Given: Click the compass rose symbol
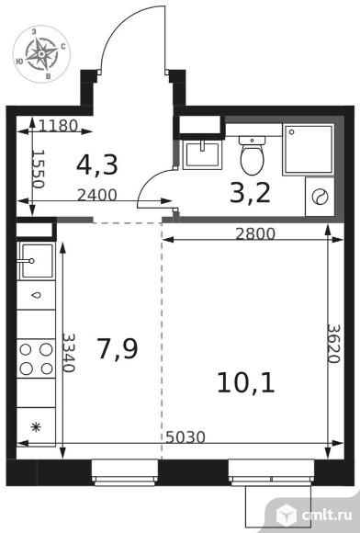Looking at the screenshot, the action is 41,54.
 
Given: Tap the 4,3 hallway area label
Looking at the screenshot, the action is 97,164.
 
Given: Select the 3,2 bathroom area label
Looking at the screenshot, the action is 250,193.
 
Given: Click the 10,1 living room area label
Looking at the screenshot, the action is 246,382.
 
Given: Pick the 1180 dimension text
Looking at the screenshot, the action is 58,126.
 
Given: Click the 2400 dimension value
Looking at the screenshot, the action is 97,195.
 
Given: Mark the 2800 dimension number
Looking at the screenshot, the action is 255,233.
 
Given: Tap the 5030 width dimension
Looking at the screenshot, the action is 186,437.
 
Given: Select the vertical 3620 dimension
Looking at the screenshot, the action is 333,344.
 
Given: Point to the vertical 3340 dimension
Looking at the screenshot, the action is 68,353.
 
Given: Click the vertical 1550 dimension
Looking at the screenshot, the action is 38,170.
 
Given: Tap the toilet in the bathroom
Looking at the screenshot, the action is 252,155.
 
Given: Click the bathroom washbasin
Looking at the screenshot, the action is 202,154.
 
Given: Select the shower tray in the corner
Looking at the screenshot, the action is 308,150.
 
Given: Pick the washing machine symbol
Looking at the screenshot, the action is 320,197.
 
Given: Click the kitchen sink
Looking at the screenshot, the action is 37,261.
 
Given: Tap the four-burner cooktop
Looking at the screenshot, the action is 36,359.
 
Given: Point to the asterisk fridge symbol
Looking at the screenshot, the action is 36,427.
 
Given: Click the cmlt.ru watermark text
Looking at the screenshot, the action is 326,516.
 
